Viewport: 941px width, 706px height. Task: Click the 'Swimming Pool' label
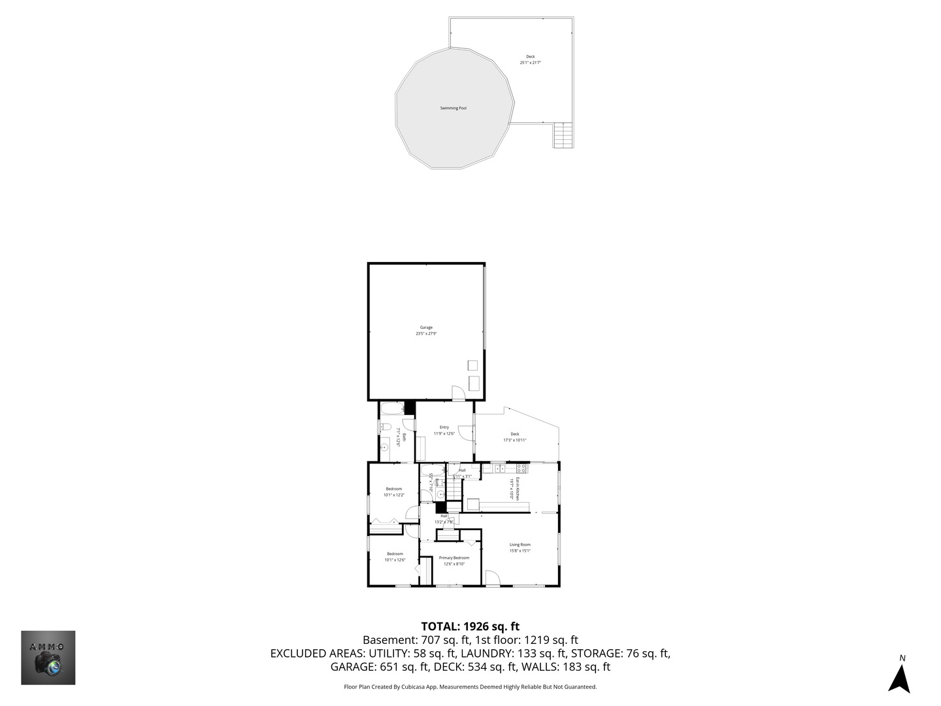click(x=453, y=108)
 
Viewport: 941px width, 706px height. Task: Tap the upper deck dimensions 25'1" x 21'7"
click(x=530, y=63)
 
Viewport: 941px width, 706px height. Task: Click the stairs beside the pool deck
click(x=563, y=135)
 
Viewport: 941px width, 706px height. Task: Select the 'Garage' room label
click(x=426, y=328)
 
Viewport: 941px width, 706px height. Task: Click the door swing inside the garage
click(x=458, y=393)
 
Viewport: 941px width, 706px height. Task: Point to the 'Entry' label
click(x=444, y=428)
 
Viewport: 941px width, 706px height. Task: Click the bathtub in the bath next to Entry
click(x=392, y=410)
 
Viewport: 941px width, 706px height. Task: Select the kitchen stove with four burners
click(x=521, y=468)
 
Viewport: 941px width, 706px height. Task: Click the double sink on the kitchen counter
click(x=499, y=468)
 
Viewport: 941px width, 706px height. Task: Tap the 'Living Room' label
click(x=520, y=545)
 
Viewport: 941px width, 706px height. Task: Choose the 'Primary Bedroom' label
click(x=454, y=558)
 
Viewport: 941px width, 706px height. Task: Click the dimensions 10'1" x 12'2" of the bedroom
click(x=394, y=495)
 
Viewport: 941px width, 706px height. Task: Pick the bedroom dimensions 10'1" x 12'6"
click(x=395, y=560)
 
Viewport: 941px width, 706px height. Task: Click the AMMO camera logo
click(x=48, y=658)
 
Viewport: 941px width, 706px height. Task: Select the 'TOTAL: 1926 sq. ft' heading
click(x=470, y=626)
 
